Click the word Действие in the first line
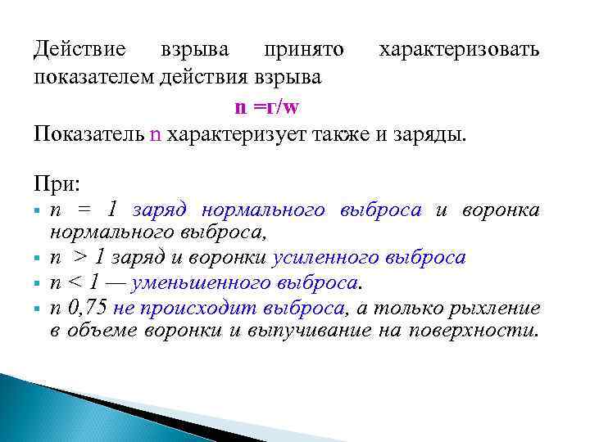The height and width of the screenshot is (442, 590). pyautogui.click(x=79, y=49)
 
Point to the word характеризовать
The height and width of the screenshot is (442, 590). pyautogui.click(x=459, y=49)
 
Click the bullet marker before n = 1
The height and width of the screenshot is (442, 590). pyautogui.click(x=39, y=211)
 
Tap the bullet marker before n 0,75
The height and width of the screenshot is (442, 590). pyautogui.click(x=39, y=309)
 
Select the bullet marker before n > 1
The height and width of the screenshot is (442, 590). pyautogui.click(x=39, y=259)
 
